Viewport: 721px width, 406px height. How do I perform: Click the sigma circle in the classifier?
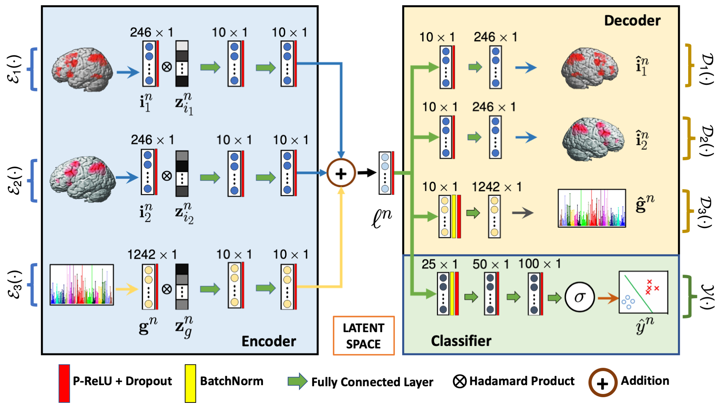coord(579,297)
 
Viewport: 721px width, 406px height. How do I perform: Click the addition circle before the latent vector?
coord(341,173)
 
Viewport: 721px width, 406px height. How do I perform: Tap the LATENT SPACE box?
coord(363,335)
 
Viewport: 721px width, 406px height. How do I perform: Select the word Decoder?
coord(632,20)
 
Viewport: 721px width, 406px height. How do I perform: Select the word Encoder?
coord(269,341)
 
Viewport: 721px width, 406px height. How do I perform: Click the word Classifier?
coord(461,341)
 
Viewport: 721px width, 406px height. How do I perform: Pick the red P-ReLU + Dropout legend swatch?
coord(64,383)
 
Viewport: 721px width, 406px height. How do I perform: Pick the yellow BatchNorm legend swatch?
coord(190,383)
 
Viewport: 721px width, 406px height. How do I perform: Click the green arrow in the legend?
coord(297,381)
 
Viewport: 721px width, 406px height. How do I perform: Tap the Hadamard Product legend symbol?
coord(459,381)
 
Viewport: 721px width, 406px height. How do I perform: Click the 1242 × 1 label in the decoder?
coord(496,187)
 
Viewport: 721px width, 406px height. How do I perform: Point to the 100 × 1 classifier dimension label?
coord(539,264)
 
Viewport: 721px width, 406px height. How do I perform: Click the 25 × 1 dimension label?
coord(439,264)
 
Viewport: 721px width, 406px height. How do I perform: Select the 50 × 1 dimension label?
coord(490,264)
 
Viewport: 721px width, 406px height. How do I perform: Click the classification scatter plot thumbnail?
coord(643,292)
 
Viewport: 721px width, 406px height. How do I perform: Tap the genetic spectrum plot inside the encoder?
coord(81,285)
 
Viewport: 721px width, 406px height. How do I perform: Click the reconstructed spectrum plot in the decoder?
coord(592,208)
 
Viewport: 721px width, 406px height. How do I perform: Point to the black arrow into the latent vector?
coord(367,173)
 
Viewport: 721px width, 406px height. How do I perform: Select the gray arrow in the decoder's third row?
coord(523,213)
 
